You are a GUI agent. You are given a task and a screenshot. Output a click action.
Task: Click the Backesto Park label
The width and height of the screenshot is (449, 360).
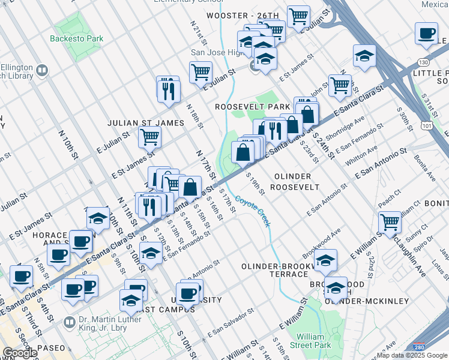[x=77, y=39]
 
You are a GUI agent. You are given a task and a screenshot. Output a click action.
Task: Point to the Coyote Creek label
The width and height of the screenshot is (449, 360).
[x=253, y=212]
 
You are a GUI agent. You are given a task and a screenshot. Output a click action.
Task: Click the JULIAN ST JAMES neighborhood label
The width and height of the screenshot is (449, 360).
[x=145, y=123]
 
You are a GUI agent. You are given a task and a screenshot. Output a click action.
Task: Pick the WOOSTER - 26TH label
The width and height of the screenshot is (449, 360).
[x=243, y=15]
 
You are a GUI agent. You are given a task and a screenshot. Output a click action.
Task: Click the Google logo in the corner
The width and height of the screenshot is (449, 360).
[x=20, y=353]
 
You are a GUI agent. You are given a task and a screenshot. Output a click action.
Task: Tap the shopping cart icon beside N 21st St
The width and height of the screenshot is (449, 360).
[x=200, y=73]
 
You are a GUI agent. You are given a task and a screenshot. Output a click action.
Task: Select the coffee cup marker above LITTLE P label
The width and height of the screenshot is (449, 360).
[x=427, y=34]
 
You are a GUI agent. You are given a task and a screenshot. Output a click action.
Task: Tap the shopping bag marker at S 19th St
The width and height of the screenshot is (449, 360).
[x=244, y=152]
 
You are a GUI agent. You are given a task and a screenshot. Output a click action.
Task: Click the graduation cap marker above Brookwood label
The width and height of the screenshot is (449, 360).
[x=326, y=260]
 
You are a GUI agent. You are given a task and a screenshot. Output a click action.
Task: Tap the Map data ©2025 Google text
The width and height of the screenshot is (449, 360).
[x=411, y=355]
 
